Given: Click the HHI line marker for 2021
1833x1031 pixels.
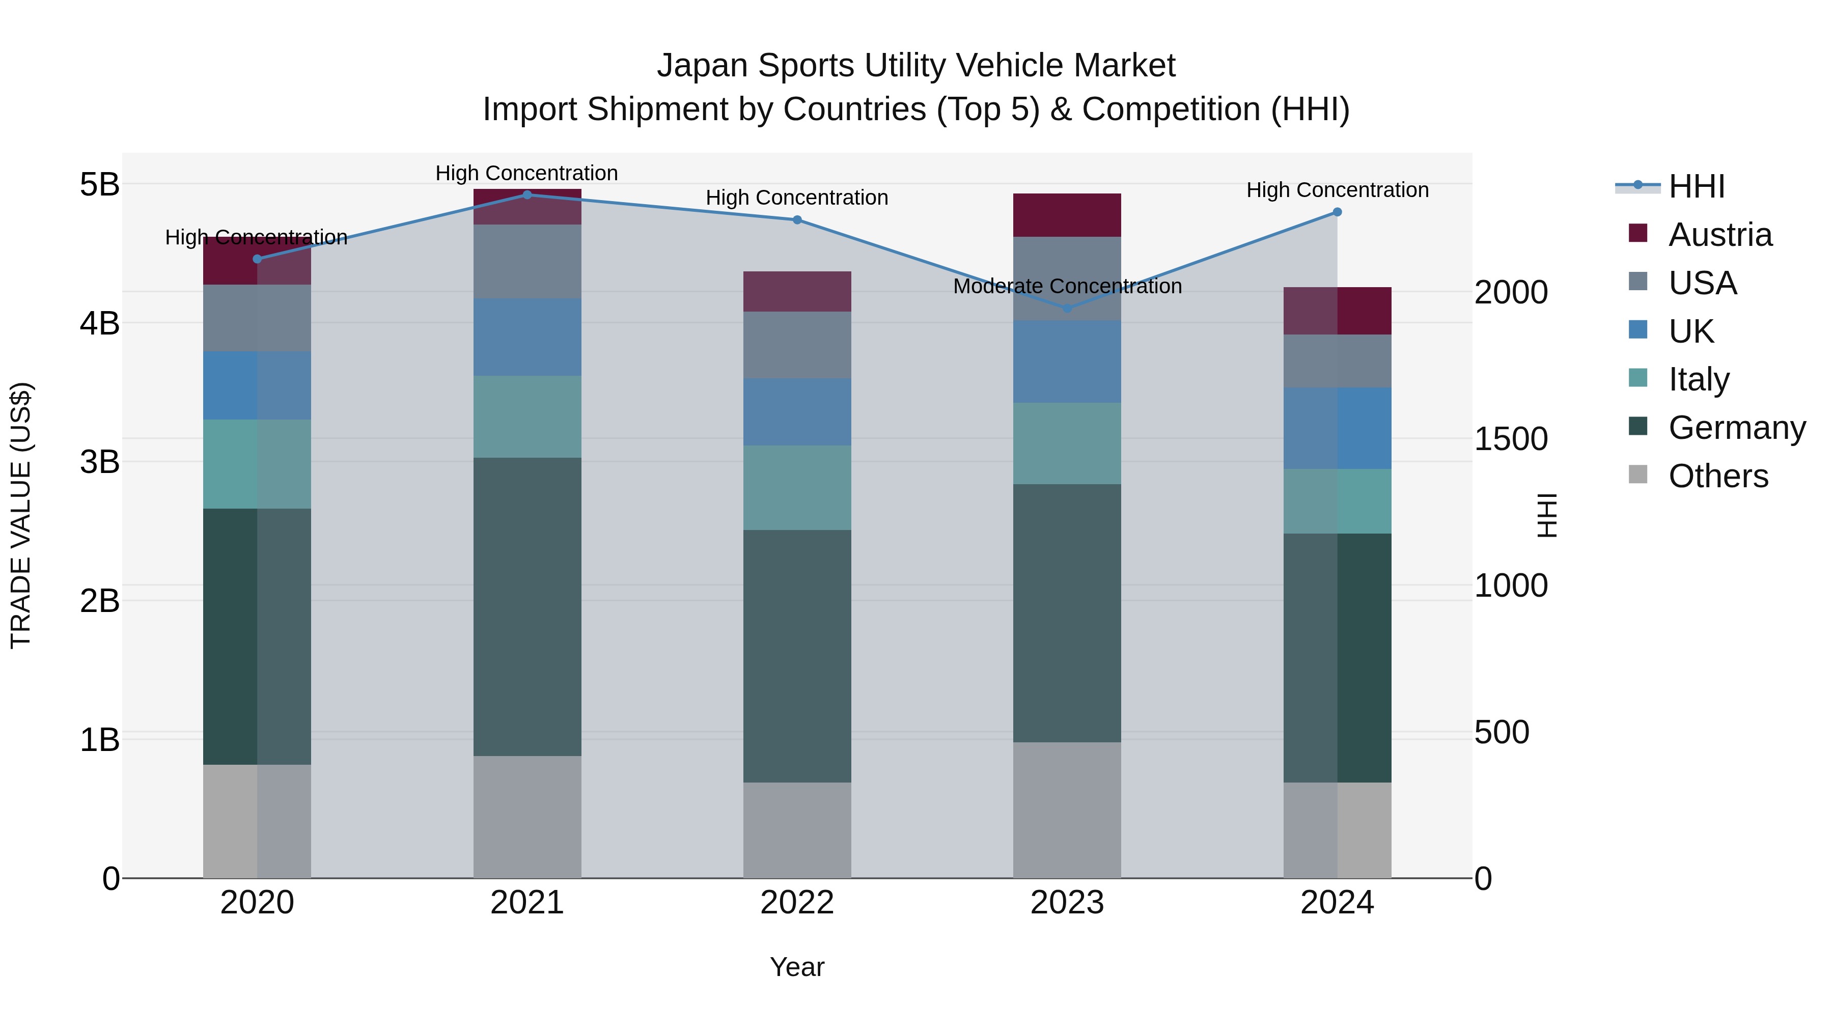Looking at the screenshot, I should tap(527, 195).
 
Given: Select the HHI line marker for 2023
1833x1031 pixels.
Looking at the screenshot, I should tap(1067, 308).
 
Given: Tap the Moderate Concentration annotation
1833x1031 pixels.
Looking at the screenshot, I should tap(1067, 286).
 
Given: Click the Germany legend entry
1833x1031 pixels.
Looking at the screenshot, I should tap(1736, 428).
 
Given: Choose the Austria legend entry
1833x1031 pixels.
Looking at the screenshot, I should tap(1720, 235).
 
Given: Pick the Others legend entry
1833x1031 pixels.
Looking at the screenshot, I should tap(1718, 476).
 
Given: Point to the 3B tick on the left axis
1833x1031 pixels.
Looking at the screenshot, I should tap(100, 462).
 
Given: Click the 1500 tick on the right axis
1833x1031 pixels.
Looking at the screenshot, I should tap(1510, 439).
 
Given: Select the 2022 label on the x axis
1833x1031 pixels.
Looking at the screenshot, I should tap(797, 903).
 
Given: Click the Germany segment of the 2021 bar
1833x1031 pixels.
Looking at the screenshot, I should tap(527, 606).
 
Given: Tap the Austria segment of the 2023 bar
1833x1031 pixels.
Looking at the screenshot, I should tap(1067, 215).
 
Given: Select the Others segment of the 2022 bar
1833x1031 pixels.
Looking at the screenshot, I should tap(797, 830).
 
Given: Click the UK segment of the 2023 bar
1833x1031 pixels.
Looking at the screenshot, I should tap(1067, 361).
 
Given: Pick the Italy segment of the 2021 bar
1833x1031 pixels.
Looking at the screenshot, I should tap(527, 416).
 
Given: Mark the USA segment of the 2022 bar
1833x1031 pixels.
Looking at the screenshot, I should tap(797, 345).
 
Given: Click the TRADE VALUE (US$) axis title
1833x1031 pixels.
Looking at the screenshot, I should tap(21, 515).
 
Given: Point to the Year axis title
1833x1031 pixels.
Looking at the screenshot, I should tap(797, 967).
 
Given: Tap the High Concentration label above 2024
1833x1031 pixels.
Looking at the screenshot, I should tap(1337, 190).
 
